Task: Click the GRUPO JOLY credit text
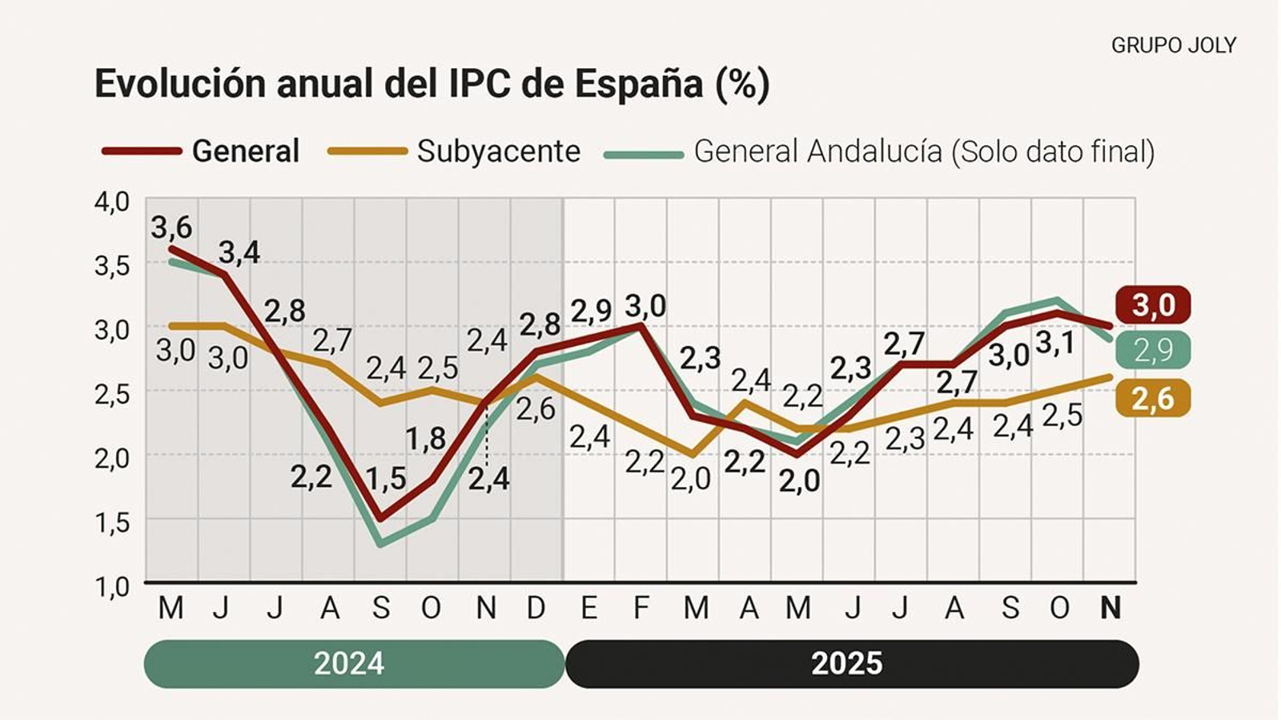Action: tap(1173, 46)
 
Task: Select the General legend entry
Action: tap(245, 151)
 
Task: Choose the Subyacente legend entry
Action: tap(498, 151)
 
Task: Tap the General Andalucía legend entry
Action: tap(923, 151)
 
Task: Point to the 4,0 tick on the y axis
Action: tap(112, 201)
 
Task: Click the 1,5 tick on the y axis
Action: tap(112, 522)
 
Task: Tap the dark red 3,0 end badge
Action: tap(1153, 305)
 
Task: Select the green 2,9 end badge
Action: tap(1153, 350)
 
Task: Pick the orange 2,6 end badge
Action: tap(1153, 398)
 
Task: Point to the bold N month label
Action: tap(1110, 608)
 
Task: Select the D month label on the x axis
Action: tap(536, 608)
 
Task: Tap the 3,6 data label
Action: tap(171, 227)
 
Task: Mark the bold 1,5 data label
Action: tap(386, 479)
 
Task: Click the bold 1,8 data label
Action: tap(425, 439)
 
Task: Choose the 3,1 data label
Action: tap(1055, 343)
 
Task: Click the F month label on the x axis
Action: tap(641, 608)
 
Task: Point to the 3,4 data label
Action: tap(239, 253)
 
